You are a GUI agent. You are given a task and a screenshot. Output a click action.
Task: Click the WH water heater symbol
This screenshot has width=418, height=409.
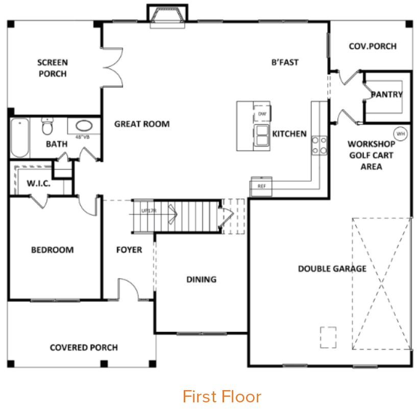click(x=401, y=134)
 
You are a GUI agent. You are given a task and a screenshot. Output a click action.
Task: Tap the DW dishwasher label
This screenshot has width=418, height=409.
click(x=262, y=114)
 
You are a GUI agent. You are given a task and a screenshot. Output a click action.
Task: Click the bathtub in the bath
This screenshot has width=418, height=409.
click(x=19, y=138)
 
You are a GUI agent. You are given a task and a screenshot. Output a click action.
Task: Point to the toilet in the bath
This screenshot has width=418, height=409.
click(x=47, y=125)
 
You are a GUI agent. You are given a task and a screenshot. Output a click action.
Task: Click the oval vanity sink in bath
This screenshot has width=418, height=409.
click(x=83, y=126)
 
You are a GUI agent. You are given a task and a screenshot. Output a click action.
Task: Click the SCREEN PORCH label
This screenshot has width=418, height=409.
click(x=52, y=68)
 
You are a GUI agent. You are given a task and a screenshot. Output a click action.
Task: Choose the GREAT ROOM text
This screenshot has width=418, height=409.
click(x=142, y=124)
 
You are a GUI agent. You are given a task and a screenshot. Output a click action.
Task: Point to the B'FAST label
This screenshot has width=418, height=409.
click(x=285, y=62)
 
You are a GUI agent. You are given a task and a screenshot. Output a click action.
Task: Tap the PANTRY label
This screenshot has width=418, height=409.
click(x=386, y=94)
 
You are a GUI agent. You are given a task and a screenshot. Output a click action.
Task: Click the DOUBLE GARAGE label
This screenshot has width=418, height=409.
click(x=332, y=269)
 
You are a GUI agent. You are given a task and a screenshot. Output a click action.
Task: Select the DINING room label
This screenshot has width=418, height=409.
click(x=201, y=279)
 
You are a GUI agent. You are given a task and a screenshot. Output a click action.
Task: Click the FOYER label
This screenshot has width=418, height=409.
click(x=129, y=250)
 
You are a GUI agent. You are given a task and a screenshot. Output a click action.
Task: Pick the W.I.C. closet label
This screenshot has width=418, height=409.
click(x=38, y=183)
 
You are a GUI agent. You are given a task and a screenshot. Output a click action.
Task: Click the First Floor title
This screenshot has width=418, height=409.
click(x=222, y=396)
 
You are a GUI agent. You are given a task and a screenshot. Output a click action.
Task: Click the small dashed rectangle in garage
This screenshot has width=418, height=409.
click(x=328, y=337)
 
